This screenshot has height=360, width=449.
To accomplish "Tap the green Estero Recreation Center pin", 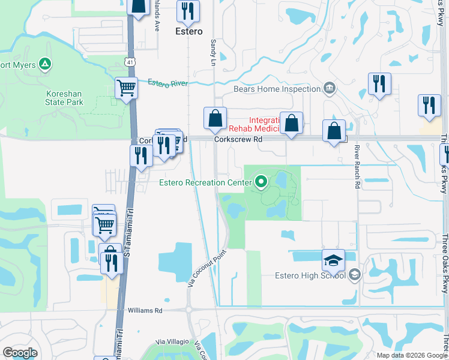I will pos(261,180).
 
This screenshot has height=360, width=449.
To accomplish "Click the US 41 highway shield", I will pos(130,62).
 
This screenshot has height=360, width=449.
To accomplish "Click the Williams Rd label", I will pos(145,311).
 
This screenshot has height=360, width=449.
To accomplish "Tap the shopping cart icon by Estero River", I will pos(126,88).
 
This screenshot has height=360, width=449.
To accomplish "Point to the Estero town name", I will pos(188,31).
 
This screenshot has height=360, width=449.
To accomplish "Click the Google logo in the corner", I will pos(20,353).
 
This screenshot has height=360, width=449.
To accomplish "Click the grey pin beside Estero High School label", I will pos(355,275).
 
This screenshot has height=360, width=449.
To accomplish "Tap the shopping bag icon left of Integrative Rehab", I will pos(215,118).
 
